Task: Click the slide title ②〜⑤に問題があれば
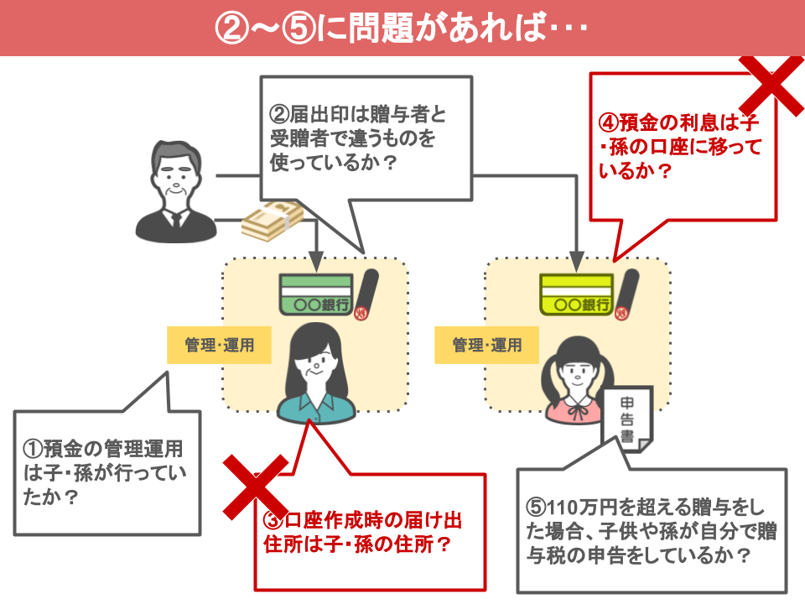(x=402, y=28)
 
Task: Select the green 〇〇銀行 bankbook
(x=314, y=294)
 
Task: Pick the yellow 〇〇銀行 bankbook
(x=575, y=294)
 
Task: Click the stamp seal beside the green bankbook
(x=366, y=295)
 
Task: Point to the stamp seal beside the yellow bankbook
(x=626, y=295)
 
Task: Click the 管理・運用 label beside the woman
(x=219, y=345)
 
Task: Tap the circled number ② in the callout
(x=278, y=115)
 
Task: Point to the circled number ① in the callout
(x=32, y=450)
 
